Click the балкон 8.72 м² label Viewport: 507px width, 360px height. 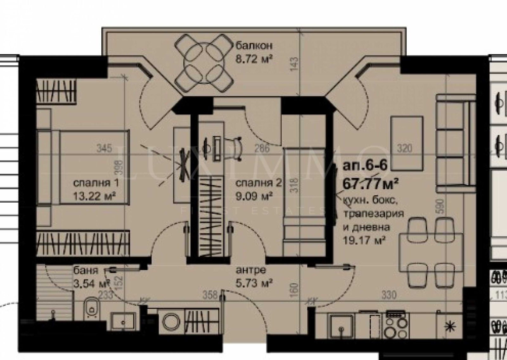254,52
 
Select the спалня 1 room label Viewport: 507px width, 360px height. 96,183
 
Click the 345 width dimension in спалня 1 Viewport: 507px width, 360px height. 105,148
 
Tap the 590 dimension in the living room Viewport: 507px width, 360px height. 441,206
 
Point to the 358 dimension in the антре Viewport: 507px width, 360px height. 210,295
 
